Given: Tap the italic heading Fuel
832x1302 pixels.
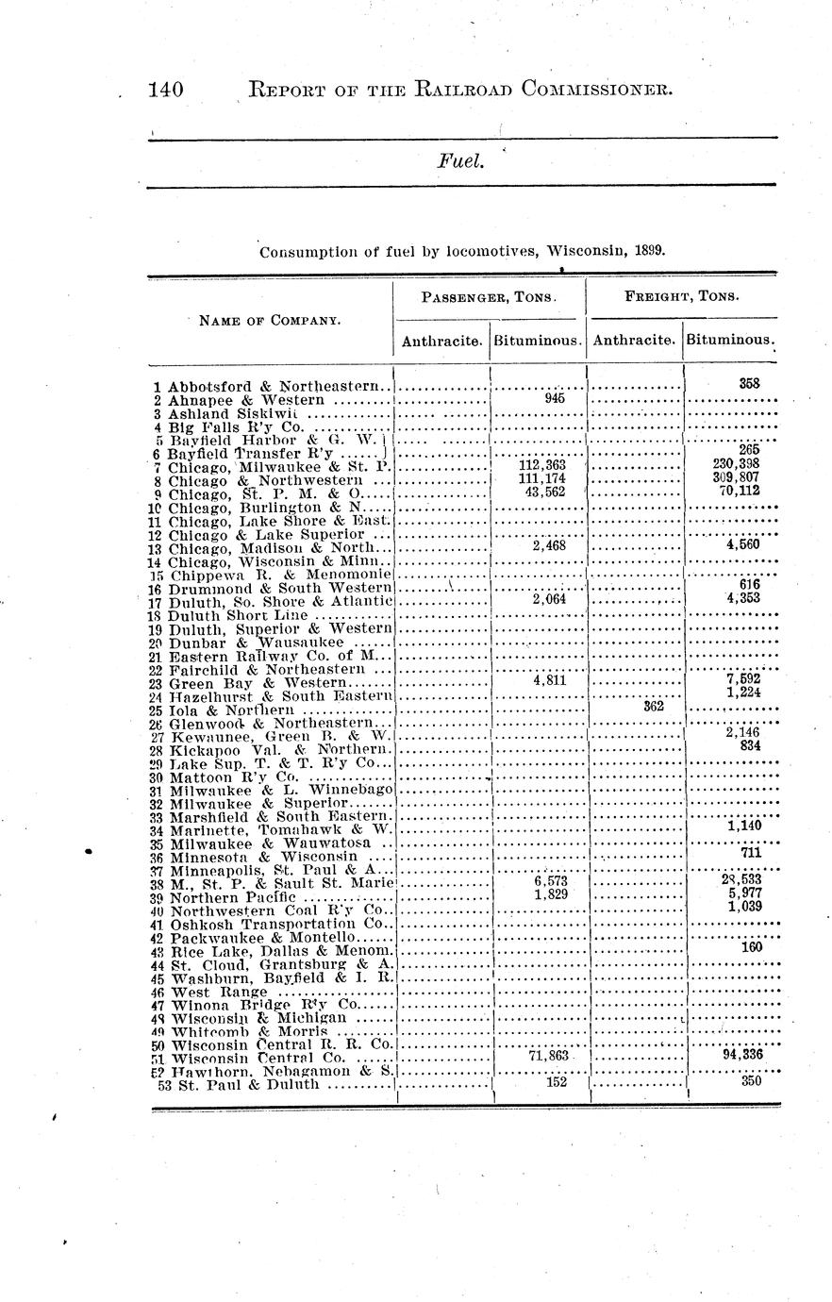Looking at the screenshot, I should (460, 162).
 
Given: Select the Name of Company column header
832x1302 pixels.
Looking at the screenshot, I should (270, 320).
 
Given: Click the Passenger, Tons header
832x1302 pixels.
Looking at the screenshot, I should (489, 296).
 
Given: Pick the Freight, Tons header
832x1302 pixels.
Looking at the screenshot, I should (682, 296).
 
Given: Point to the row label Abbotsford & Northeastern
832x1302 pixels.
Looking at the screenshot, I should (280, 386).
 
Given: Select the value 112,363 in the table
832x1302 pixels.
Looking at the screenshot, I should (542, 465).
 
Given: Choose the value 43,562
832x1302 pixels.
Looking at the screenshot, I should (542, 491).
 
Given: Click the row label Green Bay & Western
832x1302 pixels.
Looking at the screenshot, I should (258, 682).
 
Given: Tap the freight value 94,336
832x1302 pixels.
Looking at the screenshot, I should (741, 1055).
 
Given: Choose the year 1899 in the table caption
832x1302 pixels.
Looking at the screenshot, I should (649, 252).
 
